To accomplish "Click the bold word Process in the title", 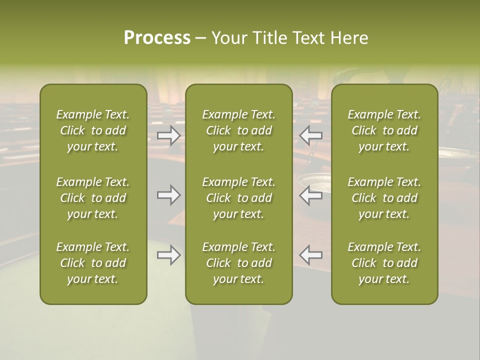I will pos(157,38).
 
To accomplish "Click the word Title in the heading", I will pos(270,38).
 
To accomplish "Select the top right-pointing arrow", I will pos(169,135).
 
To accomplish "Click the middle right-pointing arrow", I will pos(169,195).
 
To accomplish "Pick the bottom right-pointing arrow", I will pos(169,255).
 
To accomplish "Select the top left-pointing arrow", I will pos(310,135).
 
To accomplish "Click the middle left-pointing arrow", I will pos(310,195).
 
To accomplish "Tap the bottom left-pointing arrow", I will pos(310,255).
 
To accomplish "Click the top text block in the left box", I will pos(93,130).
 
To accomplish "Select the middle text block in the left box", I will pos(93,198).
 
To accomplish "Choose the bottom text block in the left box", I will pos(93,263).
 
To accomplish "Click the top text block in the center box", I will pos(238,130).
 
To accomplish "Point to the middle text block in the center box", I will pos(238,198).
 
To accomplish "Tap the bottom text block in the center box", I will pos(238,263).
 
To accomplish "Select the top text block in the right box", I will pos(384,130).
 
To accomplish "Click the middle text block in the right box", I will pos(384,198).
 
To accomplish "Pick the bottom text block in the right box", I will pos(384,263).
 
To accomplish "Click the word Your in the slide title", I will pos(229,38).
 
